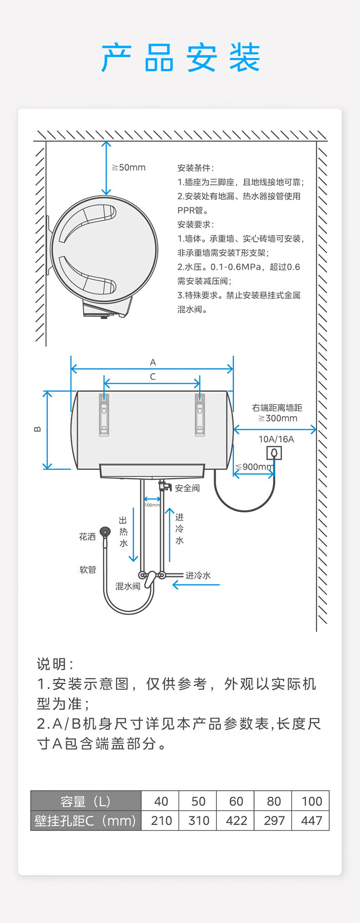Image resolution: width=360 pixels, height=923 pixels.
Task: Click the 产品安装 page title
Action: pos(180,58)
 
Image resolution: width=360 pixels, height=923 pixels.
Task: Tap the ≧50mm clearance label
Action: pos(129,168)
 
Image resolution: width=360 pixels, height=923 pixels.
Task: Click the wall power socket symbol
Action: pos(274,453)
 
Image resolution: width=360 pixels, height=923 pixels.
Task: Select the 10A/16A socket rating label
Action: pos(276,439)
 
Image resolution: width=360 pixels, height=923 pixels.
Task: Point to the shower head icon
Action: pos(105,532)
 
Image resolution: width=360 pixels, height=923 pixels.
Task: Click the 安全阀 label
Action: pos(187,488)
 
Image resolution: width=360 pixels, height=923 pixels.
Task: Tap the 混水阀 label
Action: pos(128,586)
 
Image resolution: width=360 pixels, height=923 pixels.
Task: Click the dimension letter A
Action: pos(153,362)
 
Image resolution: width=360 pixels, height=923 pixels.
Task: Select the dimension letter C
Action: pos(153,376)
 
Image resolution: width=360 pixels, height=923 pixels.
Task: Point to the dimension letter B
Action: pos(37,429)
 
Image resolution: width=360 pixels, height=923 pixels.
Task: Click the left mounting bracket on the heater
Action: pos(104,414)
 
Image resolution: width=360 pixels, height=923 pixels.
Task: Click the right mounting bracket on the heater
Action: pos(200,414)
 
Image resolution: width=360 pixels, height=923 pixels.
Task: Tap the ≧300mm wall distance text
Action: pos(278,418)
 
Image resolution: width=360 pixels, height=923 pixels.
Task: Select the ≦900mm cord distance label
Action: pos(254,467)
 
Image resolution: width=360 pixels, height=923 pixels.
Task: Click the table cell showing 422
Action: pos(236,820)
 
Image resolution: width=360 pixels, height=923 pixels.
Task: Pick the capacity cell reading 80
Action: pos(273,801)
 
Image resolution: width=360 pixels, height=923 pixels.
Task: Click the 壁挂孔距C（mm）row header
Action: pos(86,820)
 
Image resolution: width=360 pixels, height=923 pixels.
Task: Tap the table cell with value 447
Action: pos(311,820)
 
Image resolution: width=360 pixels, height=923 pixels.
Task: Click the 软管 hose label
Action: pos(88,569)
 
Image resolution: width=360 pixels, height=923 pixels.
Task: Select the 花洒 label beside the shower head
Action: pos(87,536)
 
